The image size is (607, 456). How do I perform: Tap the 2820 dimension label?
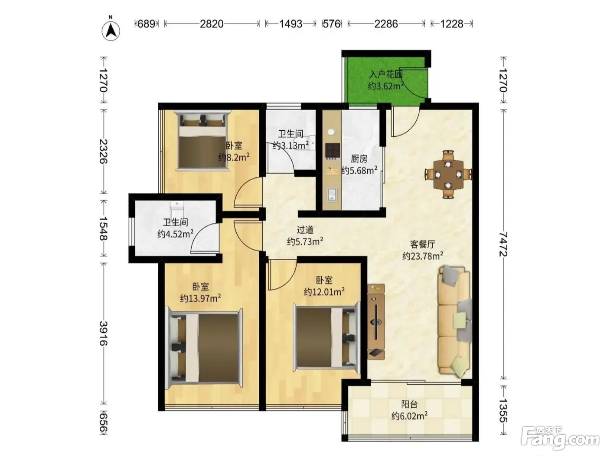pyautogui.click(x=212, y=24)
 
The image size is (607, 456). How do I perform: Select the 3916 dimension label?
pyautogui.click(x=104, y=333)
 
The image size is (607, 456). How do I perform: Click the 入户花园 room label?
pyautogui.click(x=386, y=74)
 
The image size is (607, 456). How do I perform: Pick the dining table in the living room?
pyautogui.click(x=448, y=175)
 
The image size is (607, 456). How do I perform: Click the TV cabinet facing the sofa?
pyautogui.click(x=376, y=321)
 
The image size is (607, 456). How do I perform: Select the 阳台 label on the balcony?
pyautogui.click(x=409, y=404)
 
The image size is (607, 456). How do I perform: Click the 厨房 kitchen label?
pyautogui.click(x=359, y=159)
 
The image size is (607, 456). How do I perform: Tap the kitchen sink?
pyautogui.click(x=333, y=195)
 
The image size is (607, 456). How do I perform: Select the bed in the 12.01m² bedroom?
pyautogui.click(x=327, y=339)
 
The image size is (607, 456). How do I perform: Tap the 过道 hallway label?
pyautogui.click(x=305, y=230)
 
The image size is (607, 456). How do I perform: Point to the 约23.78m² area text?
pyautogui.click(x=423, y=256)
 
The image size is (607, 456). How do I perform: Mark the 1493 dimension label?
pyautogui.click(x=290, y=24)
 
